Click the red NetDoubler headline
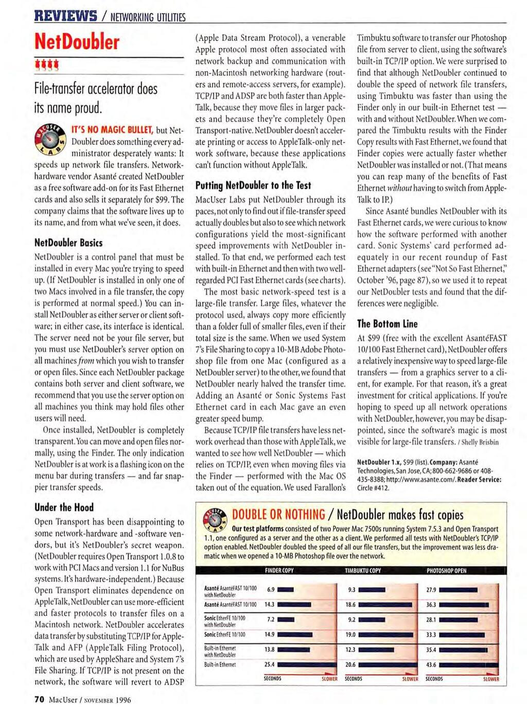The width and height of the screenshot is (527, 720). pyautogui.click(x=77, y=42)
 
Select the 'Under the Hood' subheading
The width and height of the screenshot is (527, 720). pyautogui.click(x=64, y=507)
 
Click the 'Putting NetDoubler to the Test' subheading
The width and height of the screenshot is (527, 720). pyautogui.click(x=253, y=185)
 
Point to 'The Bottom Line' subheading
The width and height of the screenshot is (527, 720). pyautogui.click(x=387, y=324)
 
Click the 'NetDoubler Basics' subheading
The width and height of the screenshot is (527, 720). pyautogui.click(x=68, y=242)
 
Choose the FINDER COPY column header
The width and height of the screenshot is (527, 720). pyautogui.click(x=279, y=571)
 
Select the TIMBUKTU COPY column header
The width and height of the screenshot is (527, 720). pyautogui.click(x=363, y=571)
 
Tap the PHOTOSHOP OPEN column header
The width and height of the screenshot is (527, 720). pyautogui.click(x=446, y=571)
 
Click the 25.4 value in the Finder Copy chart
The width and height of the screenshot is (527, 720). pyautogui.click(x=269, y=664)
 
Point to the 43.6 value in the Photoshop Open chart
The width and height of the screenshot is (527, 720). pyautogui.click(x=431, y=664)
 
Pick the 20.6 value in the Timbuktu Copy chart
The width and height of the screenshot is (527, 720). pyautogui.click(x=350, y=664)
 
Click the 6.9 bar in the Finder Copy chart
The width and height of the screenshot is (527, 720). pyautogui.click(x=286, y=590)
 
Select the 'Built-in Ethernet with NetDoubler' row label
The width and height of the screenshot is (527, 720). pyautogui.click(x=220, y=652)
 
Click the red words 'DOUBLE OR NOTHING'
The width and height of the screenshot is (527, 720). pyautogui.click(x=278, y=515)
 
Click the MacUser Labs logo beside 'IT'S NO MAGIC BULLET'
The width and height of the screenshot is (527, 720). pyautogui.click(x=50, y=139)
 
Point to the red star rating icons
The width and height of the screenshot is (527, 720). pyautogui.click(x=46, y=65)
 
